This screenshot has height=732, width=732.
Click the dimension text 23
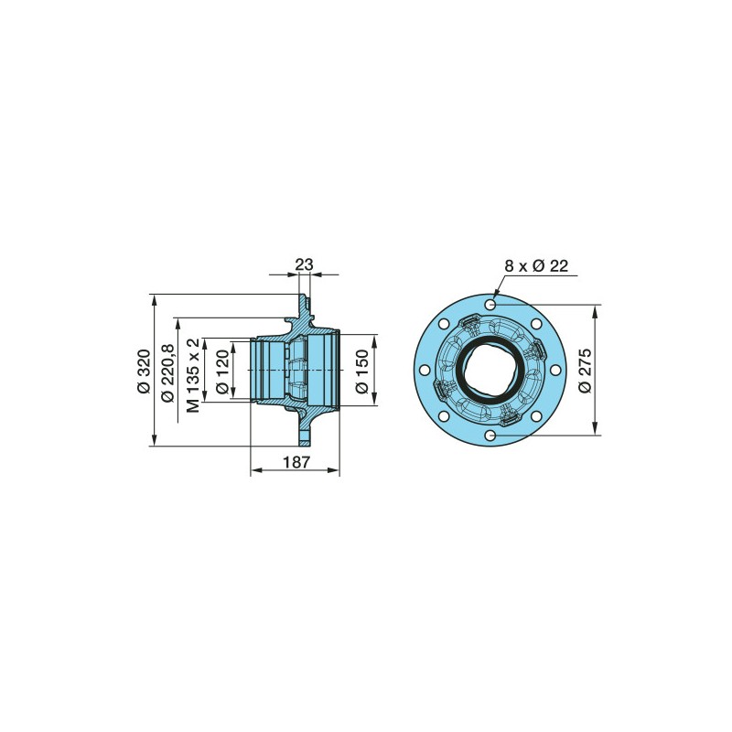[305, 264]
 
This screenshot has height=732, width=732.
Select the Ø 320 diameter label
[143, 371]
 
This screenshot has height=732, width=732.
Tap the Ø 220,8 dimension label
[167, 371]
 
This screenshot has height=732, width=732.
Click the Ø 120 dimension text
[221, 371]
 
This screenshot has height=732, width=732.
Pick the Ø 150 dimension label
[362, 371]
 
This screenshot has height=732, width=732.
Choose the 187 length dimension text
[295, 462]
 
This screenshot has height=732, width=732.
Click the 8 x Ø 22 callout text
[536, 265]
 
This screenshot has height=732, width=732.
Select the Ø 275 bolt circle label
[587, 370]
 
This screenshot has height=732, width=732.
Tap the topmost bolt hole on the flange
[491, 304]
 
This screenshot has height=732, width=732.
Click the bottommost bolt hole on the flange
[491, 436]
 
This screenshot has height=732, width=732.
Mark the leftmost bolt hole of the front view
[425, 371]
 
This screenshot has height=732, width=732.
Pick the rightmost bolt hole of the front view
[557, 371]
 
